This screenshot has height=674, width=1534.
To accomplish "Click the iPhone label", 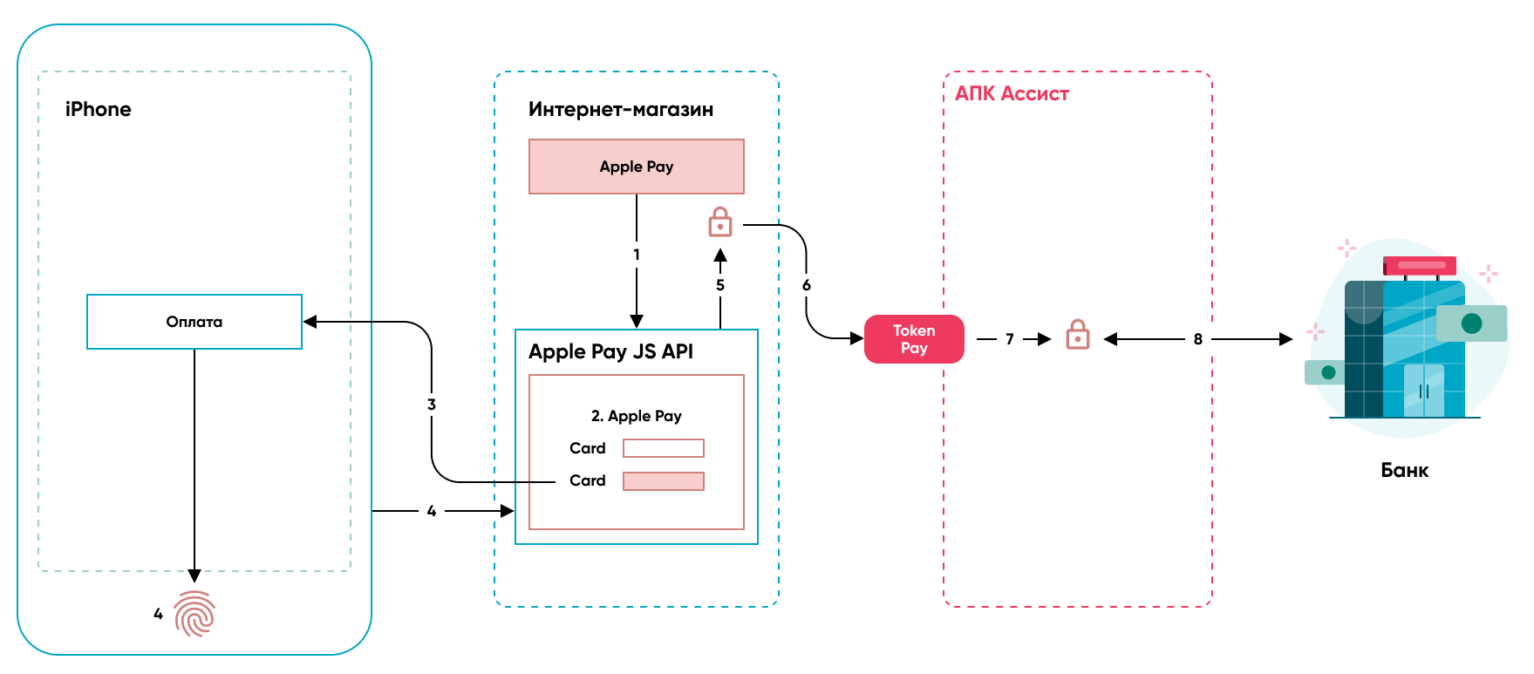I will (98, 109).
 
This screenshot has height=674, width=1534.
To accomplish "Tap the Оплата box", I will (194, 322).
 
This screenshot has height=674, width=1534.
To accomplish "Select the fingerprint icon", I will (194, 614).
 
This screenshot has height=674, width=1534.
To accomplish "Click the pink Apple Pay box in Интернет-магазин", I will (637, 167).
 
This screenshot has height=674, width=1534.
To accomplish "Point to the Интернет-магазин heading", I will (621, 109).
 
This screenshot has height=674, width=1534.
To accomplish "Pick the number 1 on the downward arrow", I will (637, 255).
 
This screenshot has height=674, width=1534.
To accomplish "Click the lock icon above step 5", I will (720, 222).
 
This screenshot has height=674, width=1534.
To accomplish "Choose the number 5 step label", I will (720, 285).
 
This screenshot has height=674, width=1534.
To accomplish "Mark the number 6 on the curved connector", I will (807, 285).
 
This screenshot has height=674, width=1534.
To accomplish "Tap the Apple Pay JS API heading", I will (610, 351).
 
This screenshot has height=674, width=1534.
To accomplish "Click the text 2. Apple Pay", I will (637, 416).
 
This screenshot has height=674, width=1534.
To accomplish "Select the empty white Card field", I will (664, 448).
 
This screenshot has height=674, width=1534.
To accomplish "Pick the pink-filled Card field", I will (664, 481).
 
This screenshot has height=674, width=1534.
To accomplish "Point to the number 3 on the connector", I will (432, 405).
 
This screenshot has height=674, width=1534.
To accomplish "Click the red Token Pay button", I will (914, 339).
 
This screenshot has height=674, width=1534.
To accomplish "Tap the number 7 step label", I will (1010, 339).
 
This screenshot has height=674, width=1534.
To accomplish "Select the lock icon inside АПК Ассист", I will (1078, 335).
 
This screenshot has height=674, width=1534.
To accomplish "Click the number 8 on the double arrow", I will (1198, 339).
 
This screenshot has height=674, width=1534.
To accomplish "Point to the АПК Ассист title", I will (1012, 93).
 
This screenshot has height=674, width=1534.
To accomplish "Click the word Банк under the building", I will (1405, 471).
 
